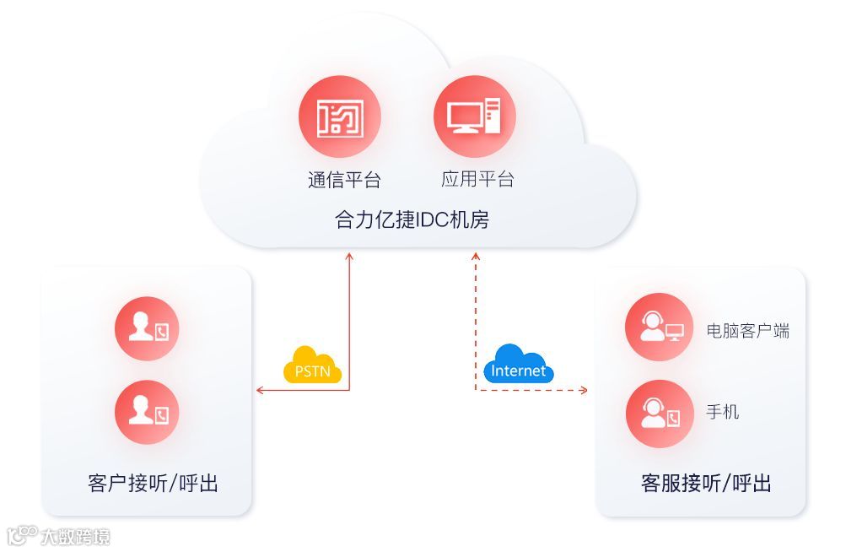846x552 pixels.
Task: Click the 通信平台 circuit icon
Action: pos(340,117)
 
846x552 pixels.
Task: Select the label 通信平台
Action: pos(344,180)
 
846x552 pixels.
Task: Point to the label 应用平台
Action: pos(477,179)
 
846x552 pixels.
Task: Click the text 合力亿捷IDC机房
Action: pos(412,221)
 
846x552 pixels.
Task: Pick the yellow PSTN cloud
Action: pos(312,367)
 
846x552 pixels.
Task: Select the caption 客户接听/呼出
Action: pos(153,484)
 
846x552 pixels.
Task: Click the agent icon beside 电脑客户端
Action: pos(659,327)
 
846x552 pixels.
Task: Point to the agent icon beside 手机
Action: pos(659,414)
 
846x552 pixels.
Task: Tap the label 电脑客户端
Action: pos(748,331)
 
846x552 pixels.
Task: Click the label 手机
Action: pos(723,412)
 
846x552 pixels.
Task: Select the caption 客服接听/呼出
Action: pos(706,484)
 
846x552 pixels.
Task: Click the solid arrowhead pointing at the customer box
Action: pos(261,390)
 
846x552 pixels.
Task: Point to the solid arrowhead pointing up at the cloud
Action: pos(349,256)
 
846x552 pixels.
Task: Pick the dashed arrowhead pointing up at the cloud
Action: pos(477,256)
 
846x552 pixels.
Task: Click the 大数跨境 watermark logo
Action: pos(59,536)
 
